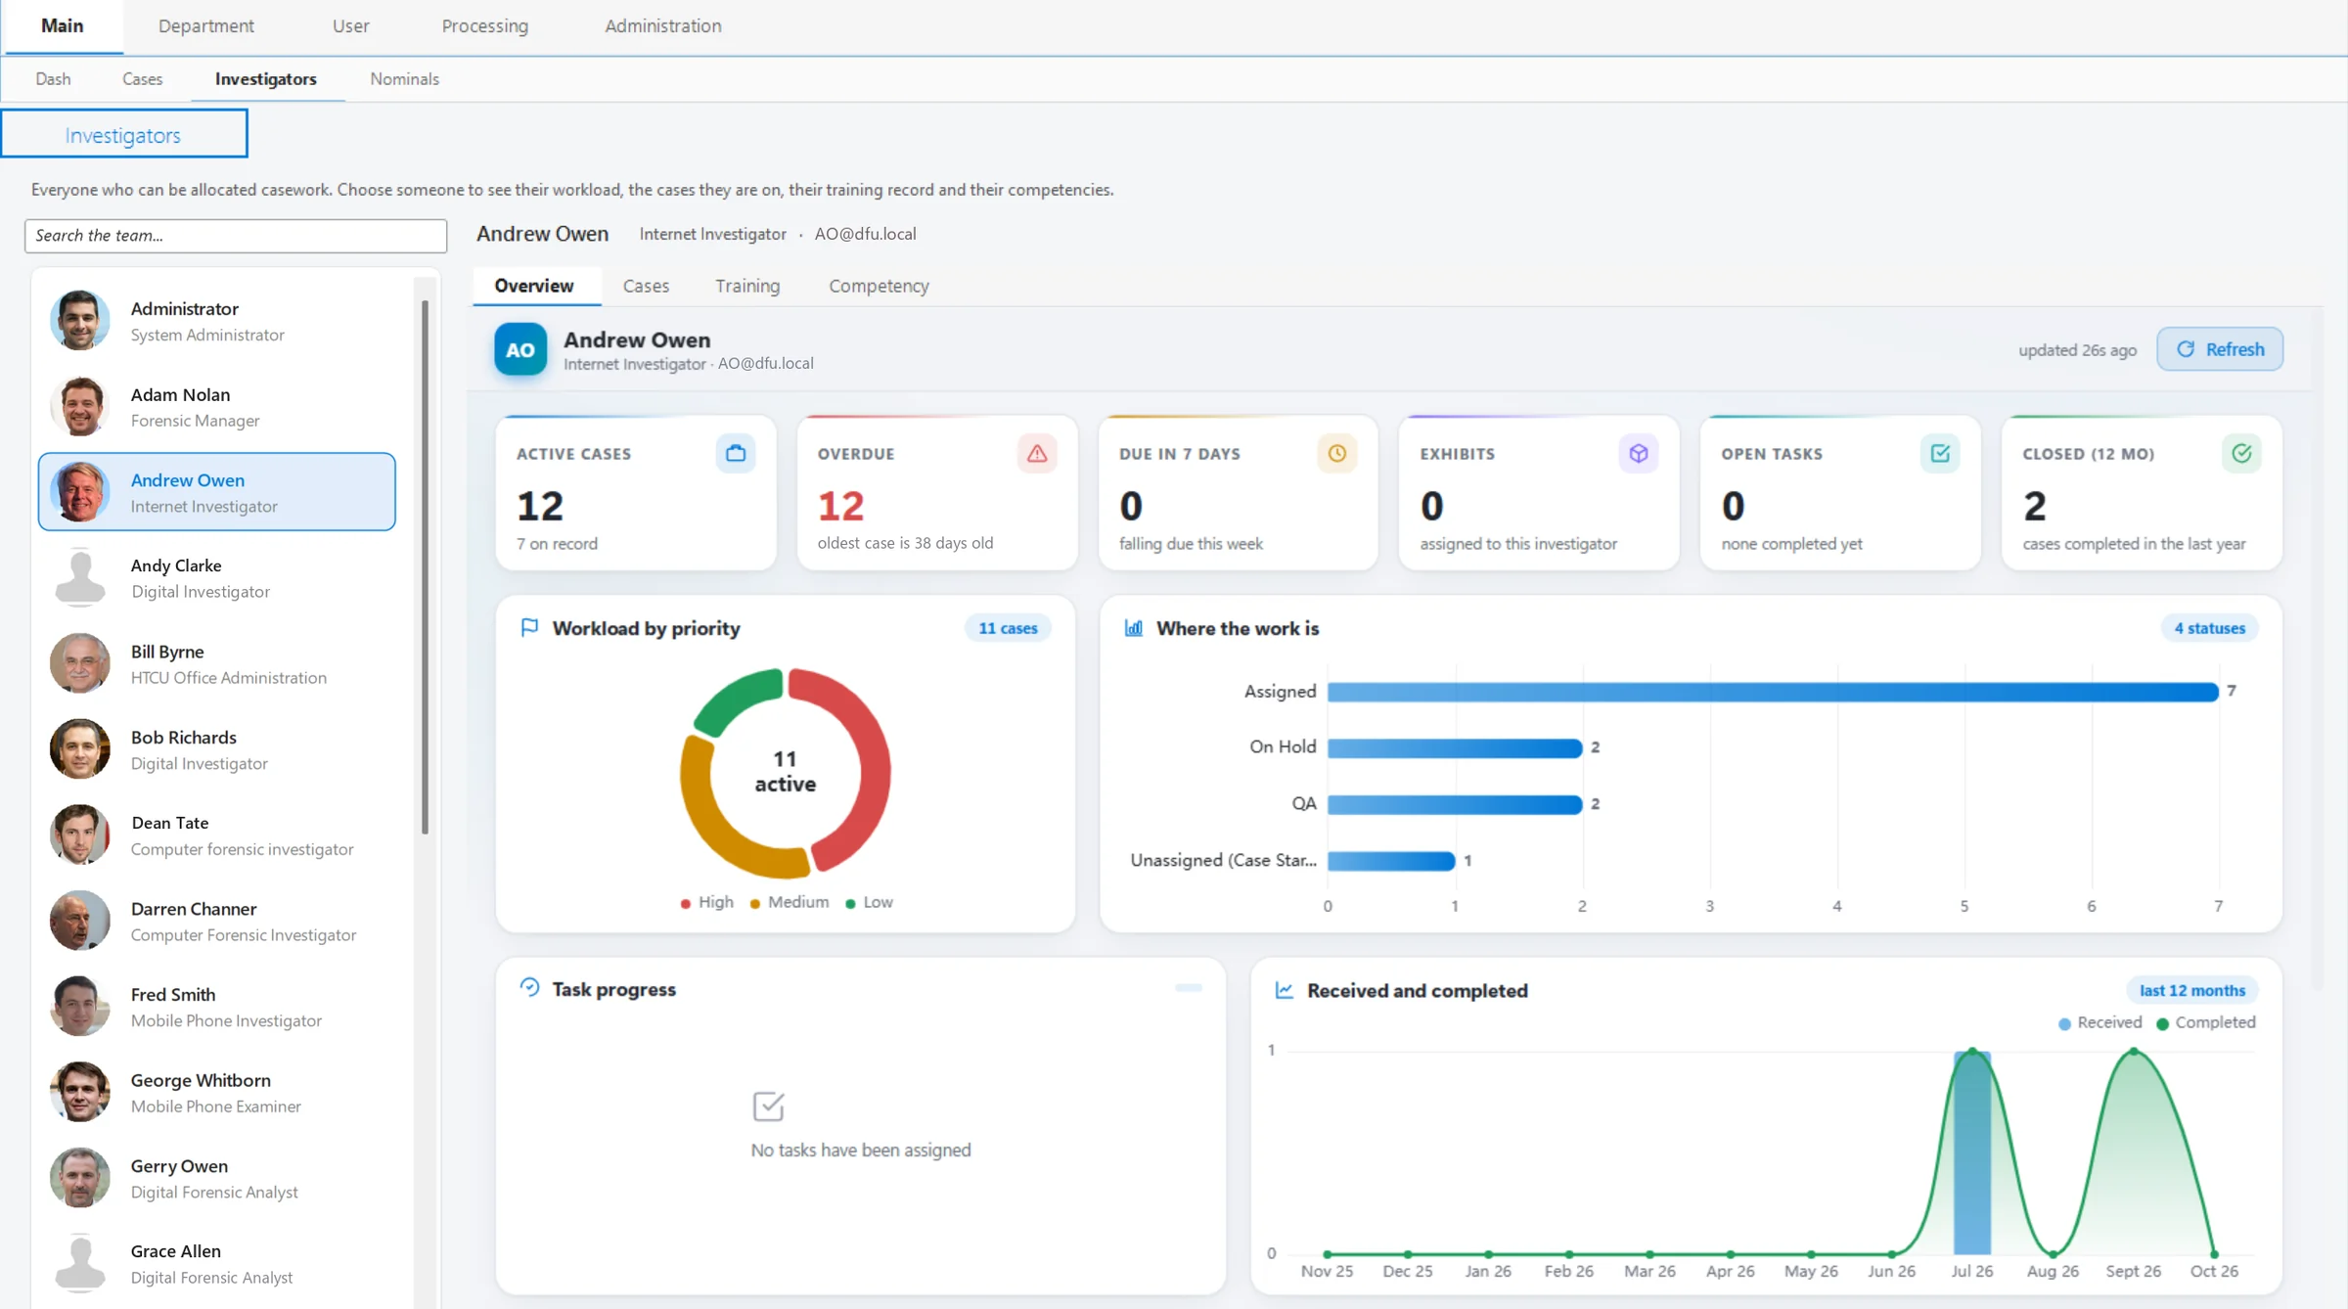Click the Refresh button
pyautogui.click(x=2220, y=349)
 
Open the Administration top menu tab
pyautogui.click(x=663, y=26)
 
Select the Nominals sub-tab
pyautogui.click(x=404, y=79)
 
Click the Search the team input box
pyautogui.click(x=236, y=236)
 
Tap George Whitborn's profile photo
pyautogui.click(x=80, y=1092)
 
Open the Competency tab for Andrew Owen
pyautogui.click(x=879, y=286)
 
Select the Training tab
pyautogui.click(x=747, y=286)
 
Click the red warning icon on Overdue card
pyautogui.click(x=1037, y=454)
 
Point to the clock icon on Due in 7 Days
pyautogui.click(x=1337, y=454)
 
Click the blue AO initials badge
pyautogui.click(x=520, y=349)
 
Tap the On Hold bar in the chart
pyautogui.click(x=1455, y=748)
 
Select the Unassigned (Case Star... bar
pyautogui.click(x=1391, y=861)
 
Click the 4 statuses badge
pyautogui.click(x=2209, y=628)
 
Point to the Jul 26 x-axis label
pyautogui.click(x=1971, y=1271)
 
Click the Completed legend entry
pyautogui.click(x=2206, y=1022)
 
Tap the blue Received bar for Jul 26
pyautogui.click(x=1972, y=1152)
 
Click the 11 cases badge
pyautogui.click(x=1008, y=628)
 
